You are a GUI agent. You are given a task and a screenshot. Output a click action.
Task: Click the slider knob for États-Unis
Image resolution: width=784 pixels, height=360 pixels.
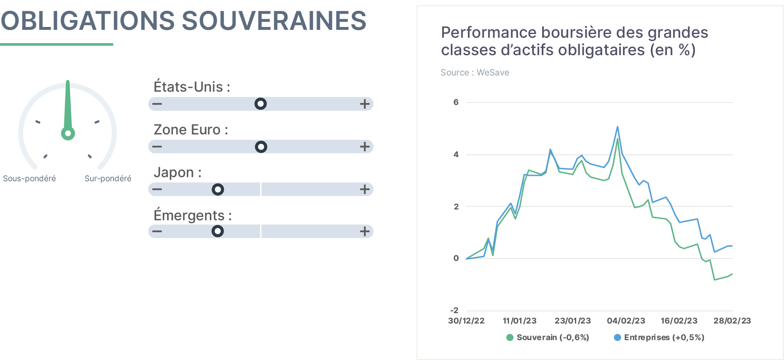click(261, 104)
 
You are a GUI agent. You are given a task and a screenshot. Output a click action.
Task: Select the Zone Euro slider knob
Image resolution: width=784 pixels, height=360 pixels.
click(261, 147)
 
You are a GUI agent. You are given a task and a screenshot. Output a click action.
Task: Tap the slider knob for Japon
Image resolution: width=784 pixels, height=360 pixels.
click(218, 190)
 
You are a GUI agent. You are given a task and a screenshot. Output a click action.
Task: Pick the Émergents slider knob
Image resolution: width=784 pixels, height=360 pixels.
click(218, 231)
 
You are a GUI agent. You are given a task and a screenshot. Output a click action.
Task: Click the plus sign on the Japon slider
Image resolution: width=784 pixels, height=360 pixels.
click(365, 190)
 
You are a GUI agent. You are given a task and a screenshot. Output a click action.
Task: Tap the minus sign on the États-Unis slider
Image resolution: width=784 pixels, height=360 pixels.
click(157, 104)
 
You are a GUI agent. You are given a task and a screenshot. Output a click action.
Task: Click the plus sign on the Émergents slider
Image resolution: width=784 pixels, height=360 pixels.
click(365, 231)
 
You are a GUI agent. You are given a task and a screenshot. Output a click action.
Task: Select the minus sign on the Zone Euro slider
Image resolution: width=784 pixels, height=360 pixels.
click(157, 147)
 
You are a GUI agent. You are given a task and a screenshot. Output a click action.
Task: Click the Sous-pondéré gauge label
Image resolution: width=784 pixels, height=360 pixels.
click(29, 178)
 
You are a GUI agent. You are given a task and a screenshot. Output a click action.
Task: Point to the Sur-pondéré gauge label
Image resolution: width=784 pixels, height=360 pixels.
click(108, 178)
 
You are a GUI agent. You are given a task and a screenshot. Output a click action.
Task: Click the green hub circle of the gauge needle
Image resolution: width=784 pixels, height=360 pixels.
click(68, 134)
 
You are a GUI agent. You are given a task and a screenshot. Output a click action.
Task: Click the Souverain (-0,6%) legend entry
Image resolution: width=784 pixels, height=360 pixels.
click(548, 337)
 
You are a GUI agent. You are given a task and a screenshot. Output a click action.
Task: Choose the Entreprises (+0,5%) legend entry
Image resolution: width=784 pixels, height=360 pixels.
click(659, 337)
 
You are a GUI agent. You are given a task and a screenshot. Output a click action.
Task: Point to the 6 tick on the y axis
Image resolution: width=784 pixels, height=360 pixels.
click(456, 102)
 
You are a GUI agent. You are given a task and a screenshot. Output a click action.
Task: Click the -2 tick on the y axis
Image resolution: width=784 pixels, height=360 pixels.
click(455, 310)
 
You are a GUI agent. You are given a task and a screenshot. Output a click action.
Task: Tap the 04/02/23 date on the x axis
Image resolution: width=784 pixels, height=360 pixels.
click(626, 321)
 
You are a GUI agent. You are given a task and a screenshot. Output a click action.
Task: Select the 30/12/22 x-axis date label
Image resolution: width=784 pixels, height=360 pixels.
click(466, 321)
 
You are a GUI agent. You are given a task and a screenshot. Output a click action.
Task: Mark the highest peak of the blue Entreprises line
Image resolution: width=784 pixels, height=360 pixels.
click(618, 127)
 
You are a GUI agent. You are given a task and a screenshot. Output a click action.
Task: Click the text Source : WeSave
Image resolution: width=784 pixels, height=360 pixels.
click(475, 73)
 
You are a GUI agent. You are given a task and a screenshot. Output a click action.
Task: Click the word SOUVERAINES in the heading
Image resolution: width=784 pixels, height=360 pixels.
click(274, 21)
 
